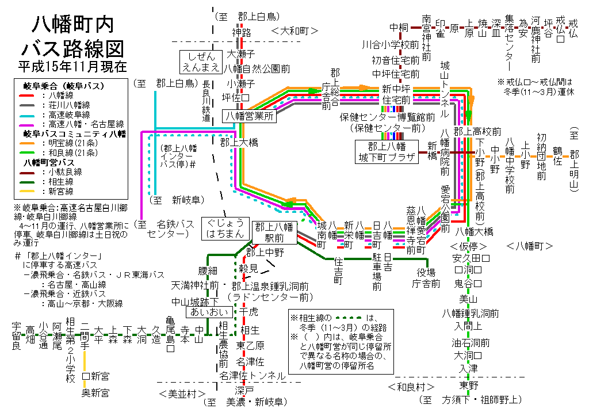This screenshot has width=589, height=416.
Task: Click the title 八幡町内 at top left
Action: click(73, 24)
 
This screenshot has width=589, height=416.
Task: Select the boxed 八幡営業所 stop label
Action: click(250, 116)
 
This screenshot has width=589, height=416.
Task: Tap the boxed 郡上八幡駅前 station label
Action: click(274, 232)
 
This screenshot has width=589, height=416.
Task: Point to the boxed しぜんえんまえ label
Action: click(201, 62)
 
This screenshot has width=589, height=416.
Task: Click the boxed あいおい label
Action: click(209, 312)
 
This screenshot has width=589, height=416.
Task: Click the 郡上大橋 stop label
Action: click(239, 143)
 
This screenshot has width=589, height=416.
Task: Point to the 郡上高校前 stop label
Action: click(477, 131)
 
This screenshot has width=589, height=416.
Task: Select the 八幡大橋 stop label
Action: click(474, 232)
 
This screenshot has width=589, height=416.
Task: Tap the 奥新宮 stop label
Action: click(95, 393)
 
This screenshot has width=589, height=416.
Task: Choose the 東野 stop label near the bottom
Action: click(469, 385)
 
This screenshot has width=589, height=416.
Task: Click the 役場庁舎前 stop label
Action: click(426, 278)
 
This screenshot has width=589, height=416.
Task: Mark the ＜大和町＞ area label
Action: click(294, 31)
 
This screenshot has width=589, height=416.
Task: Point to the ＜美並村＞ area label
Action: click(182, 394)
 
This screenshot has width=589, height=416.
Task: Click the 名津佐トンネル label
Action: click(253, 376)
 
